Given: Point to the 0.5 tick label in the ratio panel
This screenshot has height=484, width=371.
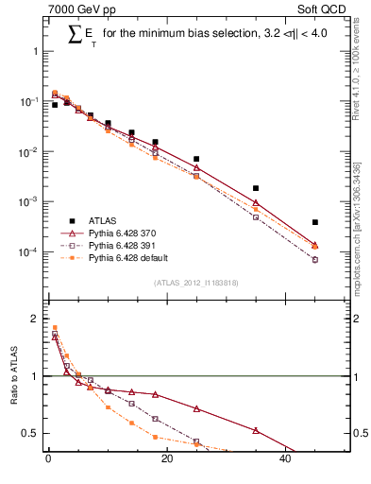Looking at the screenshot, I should [30, 433].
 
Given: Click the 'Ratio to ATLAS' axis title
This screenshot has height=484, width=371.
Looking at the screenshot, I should [13, 375].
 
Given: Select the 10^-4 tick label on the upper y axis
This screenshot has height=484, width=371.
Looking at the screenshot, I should [28, 252].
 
